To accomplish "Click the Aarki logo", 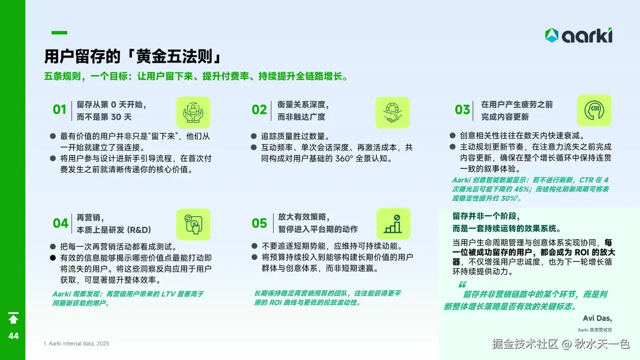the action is coord(579,36).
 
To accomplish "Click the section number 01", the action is coord(60,110).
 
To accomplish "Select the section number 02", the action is coord(259,110).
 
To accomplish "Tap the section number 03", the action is coord(462,110).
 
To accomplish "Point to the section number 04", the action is coord(60,223).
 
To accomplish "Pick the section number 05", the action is coord(259,223).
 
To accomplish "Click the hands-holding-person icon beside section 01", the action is coord(193,112).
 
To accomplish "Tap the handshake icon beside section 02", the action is coord(392,112).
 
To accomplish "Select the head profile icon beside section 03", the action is coord(594,111).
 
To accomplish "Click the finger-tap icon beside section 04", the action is coord(193,224).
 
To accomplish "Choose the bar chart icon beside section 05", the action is coord(393,224).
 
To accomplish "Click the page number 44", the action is coord(13,336).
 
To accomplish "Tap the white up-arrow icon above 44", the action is coord(13,318).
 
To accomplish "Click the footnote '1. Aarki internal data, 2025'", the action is coord(76,344).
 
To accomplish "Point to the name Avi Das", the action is coord(597,318).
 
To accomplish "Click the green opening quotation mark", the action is coord(462,284).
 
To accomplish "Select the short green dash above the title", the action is coord(59,32).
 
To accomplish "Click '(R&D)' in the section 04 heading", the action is coord(139,230).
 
